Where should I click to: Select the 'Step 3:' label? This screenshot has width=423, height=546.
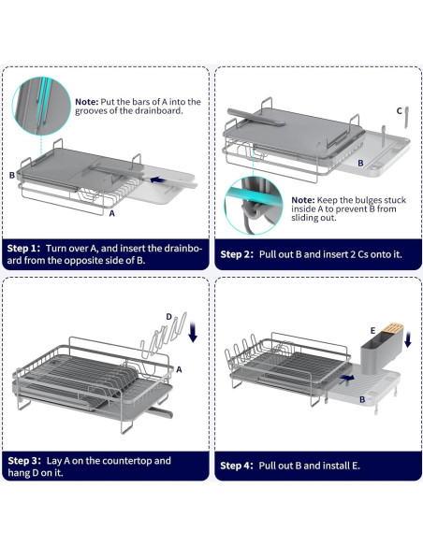(24, 461)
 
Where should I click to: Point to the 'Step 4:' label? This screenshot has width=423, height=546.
(237, 466)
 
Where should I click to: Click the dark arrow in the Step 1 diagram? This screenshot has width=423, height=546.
(157, 180)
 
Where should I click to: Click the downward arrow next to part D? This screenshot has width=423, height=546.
(193, 332)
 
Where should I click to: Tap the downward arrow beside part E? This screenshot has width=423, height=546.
(408, 339)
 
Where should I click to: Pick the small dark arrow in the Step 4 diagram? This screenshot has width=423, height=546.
(347, 378)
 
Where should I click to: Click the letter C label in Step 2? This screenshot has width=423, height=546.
(400, 111)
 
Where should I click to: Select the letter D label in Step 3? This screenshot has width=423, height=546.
(169, 317)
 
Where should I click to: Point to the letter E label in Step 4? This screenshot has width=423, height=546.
(372, 330)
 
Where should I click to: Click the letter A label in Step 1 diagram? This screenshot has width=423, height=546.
(112, 213)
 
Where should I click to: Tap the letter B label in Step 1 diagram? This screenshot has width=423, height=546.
(12, 175)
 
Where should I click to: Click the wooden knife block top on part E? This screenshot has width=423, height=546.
(393, 327)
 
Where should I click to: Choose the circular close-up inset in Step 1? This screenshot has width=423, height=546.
(41, 107)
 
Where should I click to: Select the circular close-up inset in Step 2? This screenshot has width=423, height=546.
(253, 206)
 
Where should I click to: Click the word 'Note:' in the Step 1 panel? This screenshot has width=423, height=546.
(87, 102)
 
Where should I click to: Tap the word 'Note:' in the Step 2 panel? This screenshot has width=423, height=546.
(303, 200)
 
